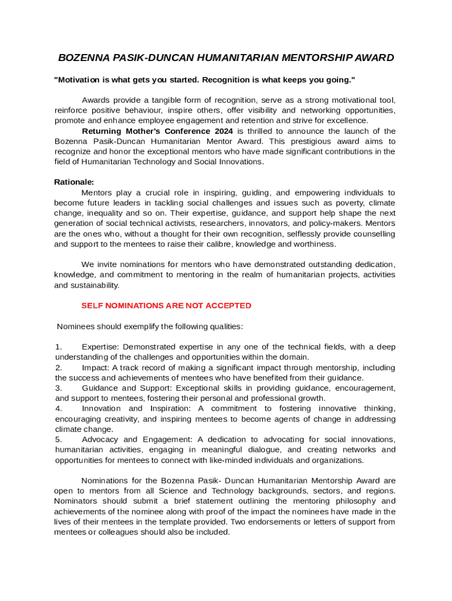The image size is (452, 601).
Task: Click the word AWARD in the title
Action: [373, 58]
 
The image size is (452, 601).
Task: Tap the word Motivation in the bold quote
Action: [77, 79]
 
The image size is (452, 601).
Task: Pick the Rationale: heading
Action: [74, 182]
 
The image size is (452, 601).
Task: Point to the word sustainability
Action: [86, 285]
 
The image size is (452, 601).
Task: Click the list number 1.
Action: [58, 347]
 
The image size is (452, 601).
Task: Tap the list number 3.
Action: [58, 388]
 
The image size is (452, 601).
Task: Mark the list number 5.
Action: [58, 440]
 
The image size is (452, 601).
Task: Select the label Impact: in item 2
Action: [95, 367]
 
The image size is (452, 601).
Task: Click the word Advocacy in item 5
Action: [100, 440]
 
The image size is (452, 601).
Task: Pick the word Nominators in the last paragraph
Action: [76, 501]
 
